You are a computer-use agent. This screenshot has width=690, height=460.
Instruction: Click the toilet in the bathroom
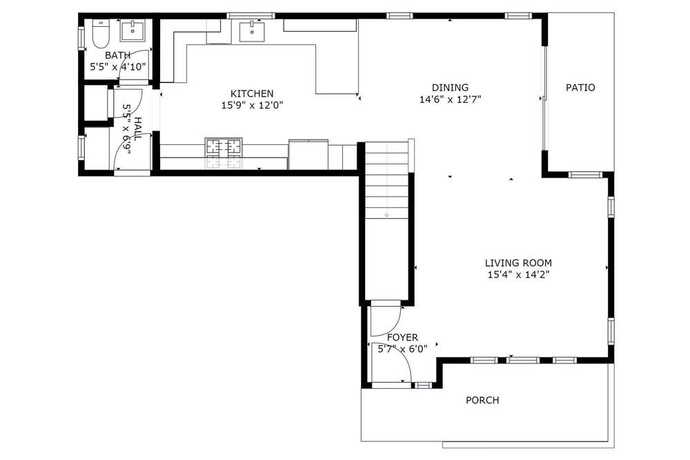click(101, 34)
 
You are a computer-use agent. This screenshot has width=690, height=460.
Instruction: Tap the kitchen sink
click(252, 31)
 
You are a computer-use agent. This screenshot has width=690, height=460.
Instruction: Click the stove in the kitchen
click(224, 153)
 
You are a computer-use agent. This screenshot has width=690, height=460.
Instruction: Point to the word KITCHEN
click(252, 93)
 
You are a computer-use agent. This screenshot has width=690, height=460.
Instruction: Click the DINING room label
click(450, 87)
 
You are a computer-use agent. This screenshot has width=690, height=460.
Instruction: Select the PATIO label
click(580, 87)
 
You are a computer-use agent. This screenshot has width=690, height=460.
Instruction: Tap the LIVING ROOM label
click(518, 263)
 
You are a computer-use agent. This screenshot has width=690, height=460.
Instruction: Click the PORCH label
click(483, 400)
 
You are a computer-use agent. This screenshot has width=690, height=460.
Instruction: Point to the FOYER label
click(403, 338)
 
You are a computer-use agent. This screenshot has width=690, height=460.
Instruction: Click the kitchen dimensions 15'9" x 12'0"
click(252, 105)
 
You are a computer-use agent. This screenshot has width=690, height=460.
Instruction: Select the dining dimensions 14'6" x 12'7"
click(450, 99)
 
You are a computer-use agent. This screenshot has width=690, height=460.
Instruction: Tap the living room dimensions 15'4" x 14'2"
click(518, 275)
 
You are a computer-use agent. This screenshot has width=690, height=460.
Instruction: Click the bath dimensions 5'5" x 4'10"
click(118, 67)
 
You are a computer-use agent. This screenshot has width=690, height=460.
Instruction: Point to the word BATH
click(118, 55)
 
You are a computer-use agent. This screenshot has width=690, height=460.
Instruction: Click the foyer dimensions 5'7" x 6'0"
click(403, 349)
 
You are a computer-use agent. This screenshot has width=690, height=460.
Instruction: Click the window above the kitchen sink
click(251, 16)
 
